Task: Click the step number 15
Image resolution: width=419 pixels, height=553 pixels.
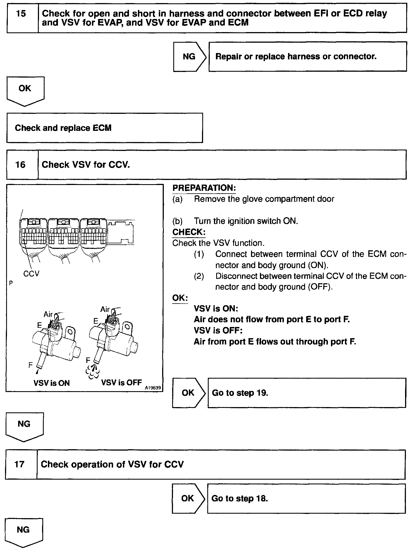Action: tap(21, 14)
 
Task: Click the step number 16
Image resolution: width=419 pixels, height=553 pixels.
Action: tap(20, 165)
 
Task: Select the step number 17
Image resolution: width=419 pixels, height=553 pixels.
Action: tap(20, 464)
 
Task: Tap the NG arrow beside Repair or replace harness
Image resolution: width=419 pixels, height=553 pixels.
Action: tap(189, 57)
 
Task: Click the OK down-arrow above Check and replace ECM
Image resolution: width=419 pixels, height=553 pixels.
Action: tap(25, 89)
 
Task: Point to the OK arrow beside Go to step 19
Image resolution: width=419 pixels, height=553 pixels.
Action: tap(188, 393)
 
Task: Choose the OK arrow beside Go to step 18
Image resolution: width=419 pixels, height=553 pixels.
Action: tap(187, 498)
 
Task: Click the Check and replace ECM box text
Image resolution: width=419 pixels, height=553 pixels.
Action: tap(63, 128)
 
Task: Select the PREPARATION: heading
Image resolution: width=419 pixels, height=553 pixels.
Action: tap(204, 188)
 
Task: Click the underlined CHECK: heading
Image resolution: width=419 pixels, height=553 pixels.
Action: tap(189, 232)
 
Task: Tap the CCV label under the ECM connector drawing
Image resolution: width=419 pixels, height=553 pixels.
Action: tap(31, 274)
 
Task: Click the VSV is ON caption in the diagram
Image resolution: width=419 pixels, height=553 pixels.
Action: tap(52, 383)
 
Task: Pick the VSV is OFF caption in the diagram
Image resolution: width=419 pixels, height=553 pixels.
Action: tap(121, 382)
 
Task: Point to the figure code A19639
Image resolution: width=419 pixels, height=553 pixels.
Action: tap(153, 388)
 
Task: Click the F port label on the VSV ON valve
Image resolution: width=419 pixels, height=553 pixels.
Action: tap(31, 365)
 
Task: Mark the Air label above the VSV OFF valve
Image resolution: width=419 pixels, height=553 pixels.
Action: tap(105, 309)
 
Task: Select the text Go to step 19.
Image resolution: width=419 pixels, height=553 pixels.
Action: tap(240, 393)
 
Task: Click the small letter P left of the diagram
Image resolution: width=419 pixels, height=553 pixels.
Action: tap(11, 283)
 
